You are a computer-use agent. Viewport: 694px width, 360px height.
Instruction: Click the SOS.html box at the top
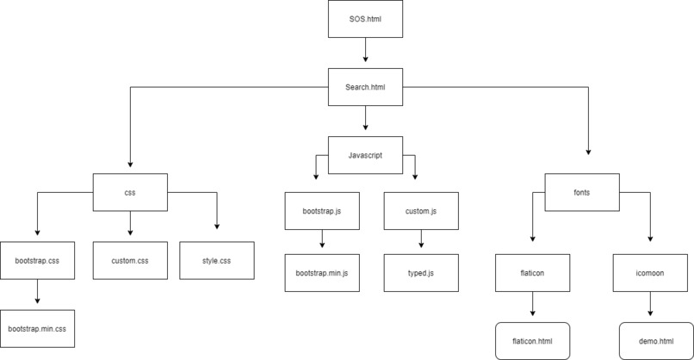(x=365, y=19)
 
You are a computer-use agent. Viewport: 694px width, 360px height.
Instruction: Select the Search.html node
(x=365, y=87)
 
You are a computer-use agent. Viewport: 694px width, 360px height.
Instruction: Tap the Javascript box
(x=365, y=156)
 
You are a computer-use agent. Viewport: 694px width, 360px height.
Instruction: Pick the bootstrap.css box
(x=37, y=260)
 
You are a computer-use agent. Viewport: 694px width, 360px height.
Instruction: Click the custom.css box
(x=130, y=260)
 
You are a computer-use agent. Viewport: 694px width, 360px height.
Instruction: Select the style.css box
(x=217, y=260)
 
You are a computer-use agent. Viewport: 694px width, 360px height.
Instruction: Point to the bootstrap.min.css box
(x=37, y=328)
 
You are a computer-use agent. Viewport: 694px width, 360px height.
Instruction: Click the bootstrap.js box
(x=321, y=210)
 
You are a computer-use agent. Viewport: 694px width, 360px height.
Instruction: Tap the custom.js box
(x=421, y=210)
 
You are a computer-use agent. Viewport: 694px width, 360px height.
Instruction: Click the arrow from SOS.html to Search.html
(x=365, y=53)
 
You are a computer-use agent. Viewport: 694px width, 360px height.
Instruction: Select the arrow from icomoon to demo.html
(x=650, y=306)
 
